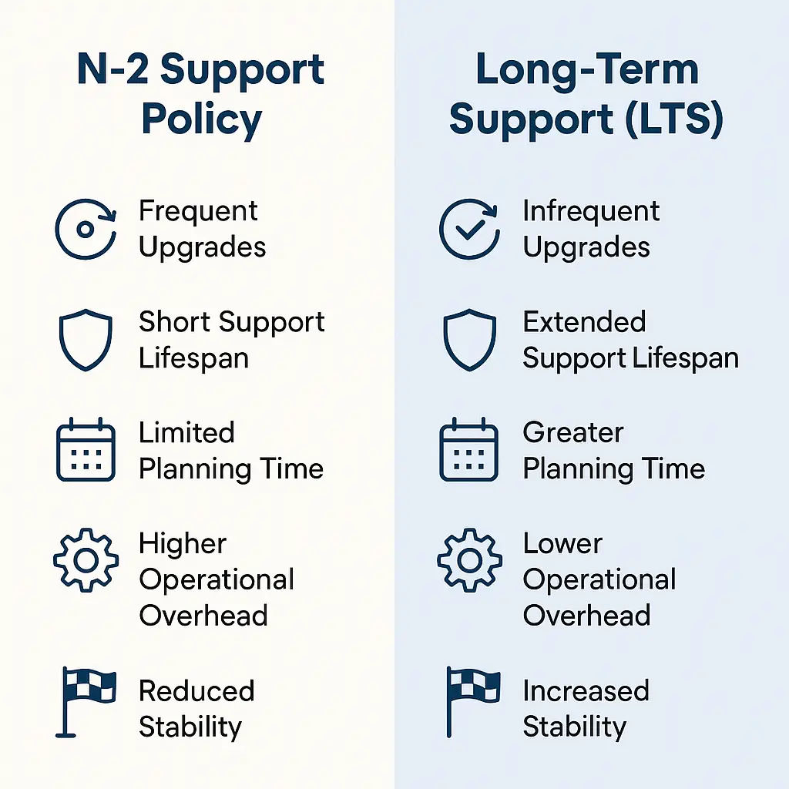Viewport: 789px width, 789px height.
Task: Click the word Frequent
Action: pos(198,212)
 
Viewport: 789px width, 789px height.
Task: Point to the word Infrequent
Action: pos(591,212)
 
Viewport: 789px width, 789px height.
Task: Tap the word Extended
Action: pos(584,321)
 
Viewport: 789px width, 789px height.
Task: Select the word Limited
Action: pos(186,432)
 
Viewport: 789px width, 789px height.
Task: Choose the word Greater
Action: pos(573,432)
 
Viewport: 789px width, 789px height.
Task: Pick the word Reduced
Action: pos(196,690)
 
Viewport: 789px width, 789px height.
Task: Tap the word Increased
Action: pos(586,690)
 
